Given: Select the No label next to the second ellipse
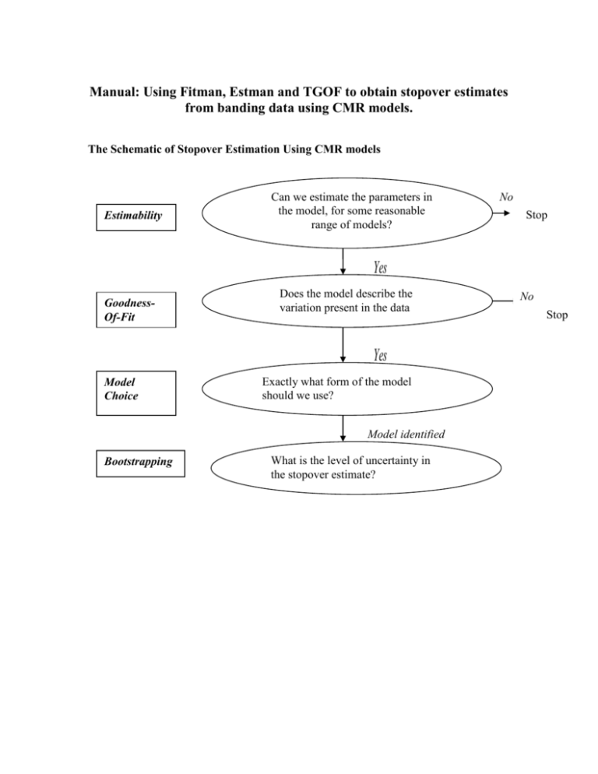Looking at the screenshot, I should pyautogui.click(x=527, y=296).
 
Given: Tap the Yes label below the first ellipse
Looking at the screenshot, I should pyautogui.click(x=380, y=268).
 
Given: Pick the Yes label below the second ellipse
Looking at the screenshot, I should pyautogui.click(x=380, y=355).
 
